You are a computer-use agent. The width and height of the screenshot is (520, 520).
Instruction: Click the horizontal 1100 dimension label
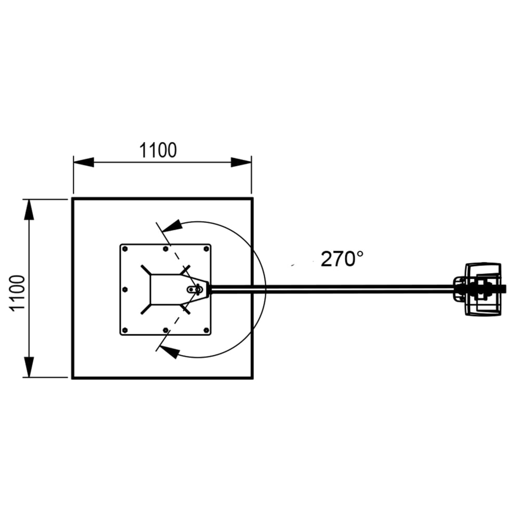coord(158,150)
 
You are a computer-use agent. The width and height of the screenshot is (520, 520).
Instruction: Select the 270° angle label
coord(341,258)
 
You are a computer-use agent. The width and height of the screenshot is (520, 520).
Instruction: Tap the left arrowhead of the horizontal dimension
coord(83,162)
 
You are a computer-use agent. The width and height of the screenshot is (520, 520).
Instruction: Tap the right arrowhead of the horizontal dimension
coord(241,162)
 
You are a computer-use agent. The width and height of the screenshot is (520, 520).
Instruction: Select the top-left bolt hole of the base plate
coord(125,249)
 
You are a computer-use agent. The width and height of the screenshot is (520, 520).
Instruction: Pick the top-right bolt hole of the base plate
coord(206,249)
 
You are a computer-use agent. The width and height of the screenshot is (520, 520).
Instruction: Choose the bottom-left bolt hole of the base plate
coord(125,330)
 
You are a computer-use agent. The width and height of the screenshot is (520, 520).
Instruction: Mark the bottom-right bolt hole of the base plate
coord(206,330)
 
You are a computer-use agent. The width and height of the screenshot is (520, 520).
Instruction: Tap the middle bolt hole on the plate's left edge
coord(125,289)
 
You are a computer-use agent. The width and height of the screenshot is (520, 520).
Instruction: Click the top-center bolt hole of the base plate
coord(165,249)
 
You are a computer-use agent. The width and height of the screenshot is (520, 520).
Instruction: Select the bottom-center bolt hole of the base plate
coord(165,330)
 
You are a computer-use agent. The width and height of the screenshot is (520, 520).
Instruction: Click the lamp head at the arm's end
coord(481,289)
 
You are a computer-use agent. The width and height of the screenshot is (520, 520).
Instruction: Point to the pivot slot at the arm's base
coord(196,289)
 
